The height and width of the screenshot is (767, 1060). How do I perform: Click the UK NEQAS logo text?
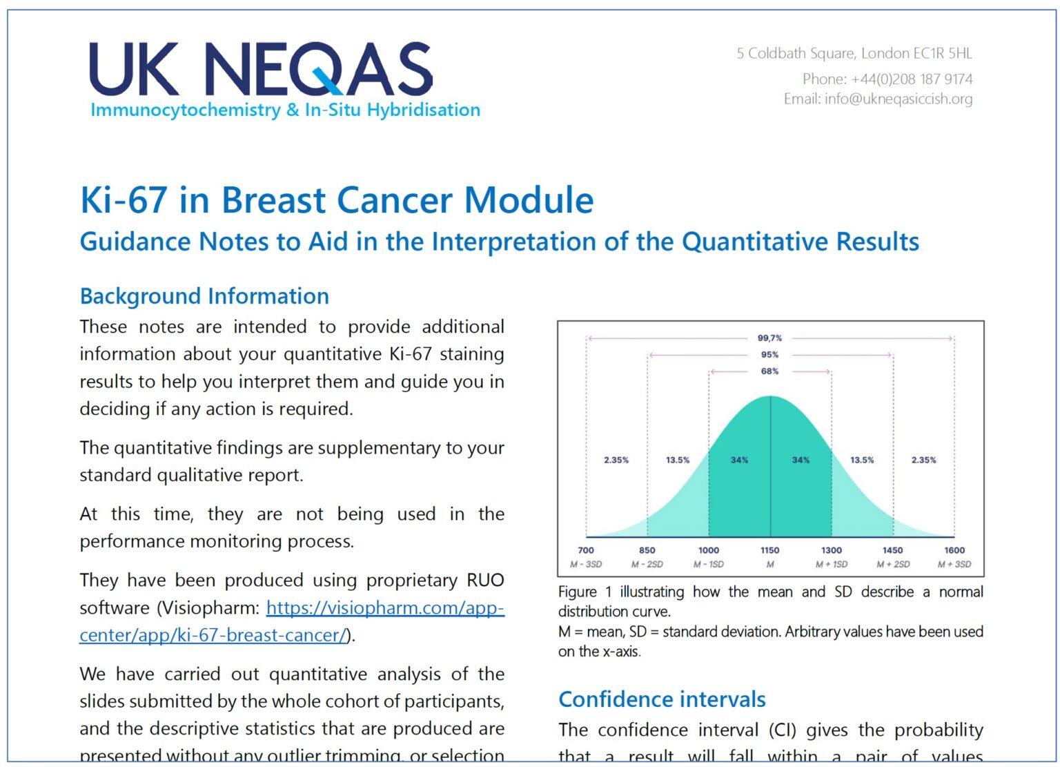pyautogui.click(x=261, y=69)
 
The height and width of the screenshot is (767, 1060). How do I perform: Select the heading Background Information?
pyautogui.click(x=204, y=296)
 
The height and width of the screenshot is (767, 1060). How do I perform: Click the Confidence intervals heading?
pyautogui.click(x=662, y=699)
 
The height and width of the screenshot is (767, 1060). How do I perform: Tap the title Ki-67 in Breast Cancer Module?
pyautogui.click(x=337, y=200)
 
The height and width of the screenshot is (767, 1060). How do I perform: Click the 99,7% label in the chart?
pyautogui.click(x=769, y=338)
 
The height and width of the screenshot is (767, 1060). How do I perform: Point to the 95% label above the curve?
pyautogui.click(x=769, y=355)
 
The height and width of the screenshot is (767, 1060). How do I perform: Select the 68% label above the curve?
pyautogui.click(x=769, y=371)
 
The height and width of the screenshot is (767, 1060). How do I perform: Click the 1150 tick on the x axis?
pyautogui.click(x=769, y=550)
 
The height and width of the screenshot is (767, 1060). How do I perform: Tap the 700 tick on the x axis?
pyautogui.click(x=585, y=550)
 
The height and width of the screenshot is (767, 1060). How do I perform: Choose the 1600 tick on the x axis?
pyautogui.click(x=954, y=550)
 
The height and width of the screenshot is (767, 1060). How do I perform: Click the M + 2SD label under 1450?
pyautogui.click(x=893, y=564)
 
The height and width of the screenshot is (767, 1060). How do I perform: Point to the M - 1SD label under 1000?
pyautogui.click(x=709, y=564)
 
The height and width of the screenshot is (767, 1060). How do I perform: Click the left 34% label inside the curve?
pyautogui.click(x=739, y=460)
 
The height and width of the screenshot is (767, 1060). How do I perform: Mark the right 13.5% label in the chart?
pyautogui.click(x=862, y=460)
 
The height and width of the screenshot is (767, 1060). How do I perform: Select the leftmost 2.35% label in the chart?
pyautogui.click(x=616, y=460)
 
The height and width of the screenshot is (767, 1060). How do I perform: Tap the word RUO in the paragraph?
pyautogui.click(x=485, y=580)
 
